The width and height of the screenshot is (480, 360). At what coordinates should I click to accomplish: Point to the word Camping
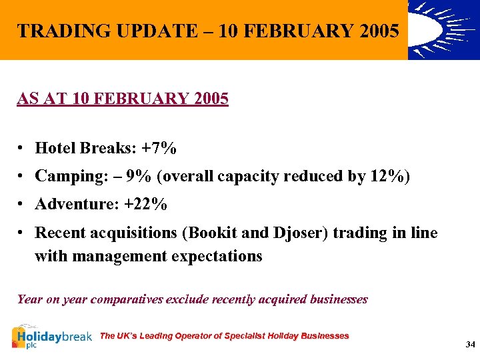pyautogui.click(x=65, y=176)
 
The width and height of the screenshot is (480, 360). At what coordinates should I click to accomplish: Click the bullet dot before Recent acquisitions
pyautogui.click(x=22, y=233)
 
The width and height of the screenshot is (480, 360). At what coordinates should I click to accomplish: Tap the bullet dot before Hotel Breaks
pyautogui.click(x=22, y=147)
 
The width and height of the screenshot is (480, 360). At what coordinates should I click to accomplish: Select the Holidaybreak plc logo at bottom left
pyautogui.click(x=52, y=337)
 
